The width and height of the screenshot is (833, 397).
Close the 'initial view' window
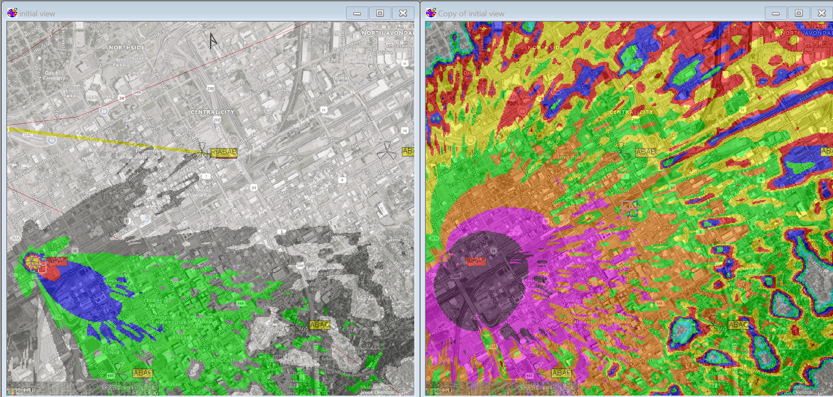tap(403, 13)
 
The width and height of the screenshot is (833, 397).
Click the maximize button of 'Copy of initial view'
tap(799, 13)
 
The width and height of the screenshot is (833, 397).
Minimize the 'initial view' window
tap(357, 13)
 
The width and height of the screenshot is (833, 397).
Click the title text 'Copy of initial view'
tap(471, 14)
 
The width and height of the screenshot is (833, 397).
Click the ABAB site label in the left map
tap(224, 153)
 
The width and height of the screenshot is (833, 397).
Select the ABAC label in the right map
tap(738, 325)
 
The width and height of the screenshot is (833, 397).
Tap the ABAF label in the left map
tap(142, 373)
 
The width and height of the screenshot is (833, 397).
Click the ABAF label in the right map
tap(561, 373)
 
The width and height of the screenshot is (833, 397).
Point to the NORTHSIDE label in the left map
tap(127, 47)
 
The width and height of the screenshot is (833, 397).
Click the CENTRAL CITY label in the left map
tap(212, 112)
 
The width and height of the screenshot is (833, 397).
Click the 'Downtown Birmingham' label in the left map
tap(149, 154)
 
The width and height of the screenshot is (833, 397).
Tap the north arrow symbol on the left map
tap(213, 41)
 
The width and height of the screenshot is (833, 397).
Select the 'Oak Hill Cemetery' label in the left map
tap(54, 76)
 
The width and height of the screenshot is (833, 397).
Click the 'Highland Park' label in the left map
tap(374, 298)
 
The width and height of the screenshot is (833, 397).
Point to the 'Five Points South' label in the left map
tap(214, 360)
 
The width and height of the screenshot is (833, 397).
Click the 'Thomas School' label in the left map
tap(341, 80)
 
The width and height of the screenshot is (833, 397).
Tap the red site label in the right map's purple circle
tap(476, 261)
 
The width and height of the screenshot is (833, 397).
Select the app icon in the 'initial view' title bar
tap(12, 13)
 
